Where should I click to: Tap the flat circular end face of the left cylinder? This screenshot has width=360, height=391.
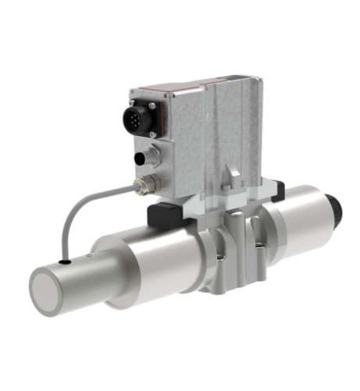point(53,290)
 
